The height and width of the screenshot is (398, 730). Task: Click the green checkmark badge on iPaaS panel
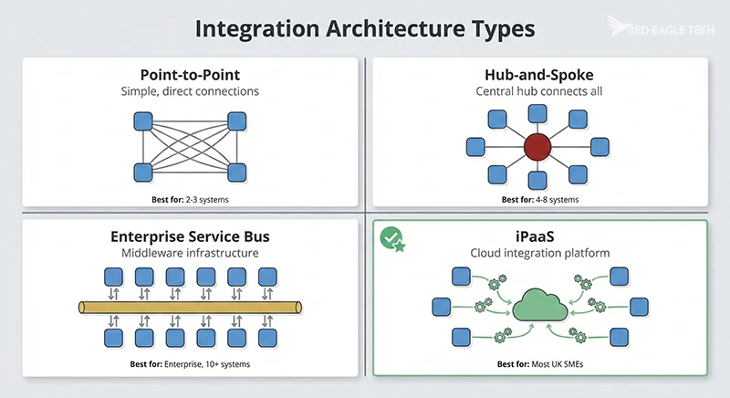[391, 238]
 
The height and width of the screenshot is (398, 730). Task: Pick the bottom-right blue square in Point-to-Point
[236, 171]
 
